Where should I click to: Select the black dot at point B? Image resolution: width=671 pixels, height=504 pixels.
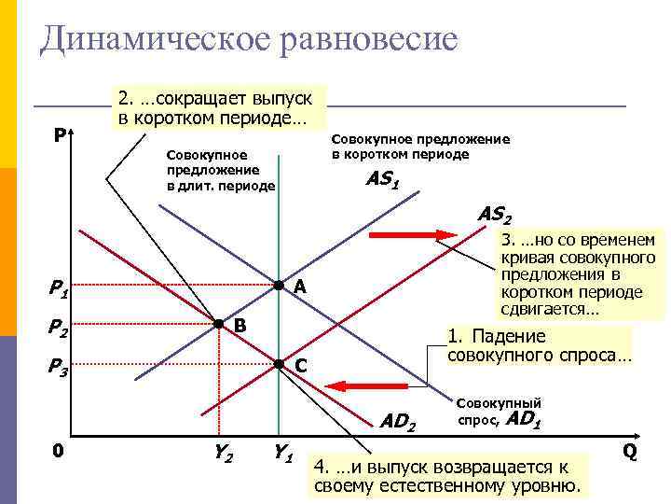217,324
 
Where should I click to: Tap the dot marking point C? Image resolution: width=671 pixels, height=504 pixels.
278,364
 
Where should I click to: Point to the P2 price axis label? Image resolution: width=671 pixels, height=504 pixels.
59,329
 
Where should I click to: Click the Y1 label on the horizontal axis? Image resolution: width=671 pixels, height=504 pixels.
283,455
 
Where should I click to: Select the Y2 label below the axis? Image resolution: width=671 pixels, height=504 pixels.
223,455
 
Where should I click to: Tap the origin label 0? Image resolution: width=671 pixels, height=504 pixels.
58,451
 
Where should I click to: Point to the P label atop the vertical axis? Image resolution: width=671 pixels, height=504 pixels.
59,136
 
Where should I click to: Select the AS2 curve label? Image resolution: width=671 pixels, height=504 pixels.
493,214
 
